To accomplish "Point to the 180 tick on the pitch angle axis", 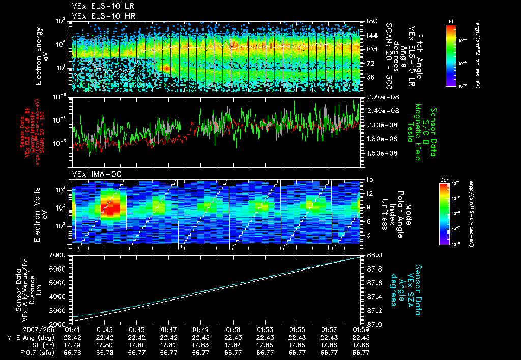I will click(x=370, y=21).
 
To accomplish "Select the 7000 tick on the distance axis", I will click(x=60, y=254).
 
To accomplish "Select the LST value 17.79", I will click(x=72, y=344).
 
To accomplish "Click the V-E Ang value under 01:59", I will click(x=361, y=337).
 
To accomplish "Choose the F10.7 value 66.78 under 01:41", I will click(x=72, y=351).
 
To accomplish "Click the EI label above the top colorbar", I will click(x=451, y=21).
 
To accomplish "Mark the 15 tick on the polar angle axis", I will click(x=369, y=179).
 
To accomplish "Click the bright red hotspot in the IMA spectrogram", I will click(x=110, y=206).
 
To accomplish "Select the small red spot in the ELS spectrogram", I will click(x=166, y=68).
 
